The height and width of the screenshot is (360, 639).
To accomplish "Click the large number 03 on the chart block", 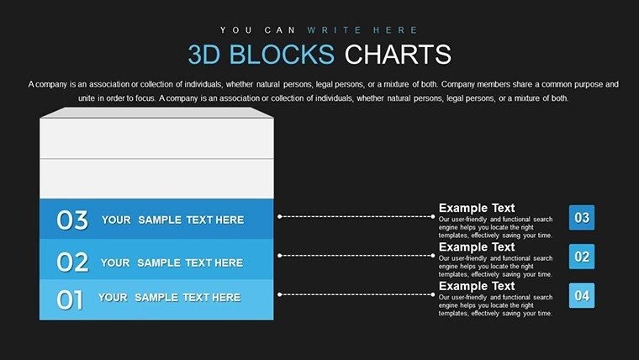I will pyautogui.click(x=72, y=220).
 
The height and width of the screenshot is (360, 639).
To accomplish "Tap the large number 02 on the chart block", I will pyautogui.click(x=72, y=262).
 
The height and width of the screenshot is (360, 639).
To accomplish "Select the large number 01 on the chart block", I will pyautogui.click(x=70, y=299).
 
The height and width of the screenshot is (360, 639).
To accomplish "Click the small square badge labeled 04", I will pyautogui.click(x=582, y=294).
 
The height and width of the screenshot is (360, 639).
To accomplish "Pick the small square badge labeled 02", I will pyautogui.click(x=582, y=256).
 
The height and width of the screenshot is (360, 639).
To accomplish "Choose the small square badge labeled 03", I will pyautogui.click(x=582, y=218).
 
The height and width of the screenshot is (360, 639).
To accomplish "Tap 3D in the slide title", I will pyautogui.click(x=206, y=55).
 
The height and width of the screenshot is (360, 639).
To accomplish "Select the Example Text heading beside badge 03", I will pyautogui.click(x=477, y=208).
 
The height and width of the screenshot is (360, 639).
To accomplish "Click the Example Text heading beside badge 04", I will pyautogui.click(x=477, y=286).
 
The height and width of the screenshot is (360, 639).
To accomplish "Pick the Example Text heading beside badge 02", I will pyautogui.click(x=477, y=247).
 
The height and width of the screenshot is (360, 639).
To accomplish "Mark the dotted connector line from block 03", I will pyautogui.click(x=357, y=216).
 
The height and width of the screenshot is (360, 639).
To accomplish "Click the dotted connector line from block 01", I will pyautogui.click(x=357, y=294).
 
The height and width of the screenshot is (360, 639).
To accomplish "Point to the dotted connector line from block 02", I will pyautogui.click(x=357, y=255).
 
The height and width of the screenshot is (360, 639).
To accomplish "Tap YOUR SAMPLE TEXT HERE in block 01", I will pyautogui.click(x=169, y=297).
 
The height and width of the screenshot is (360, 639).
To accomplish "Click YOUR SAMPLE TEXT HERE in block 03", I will pyautogui.click(x=172, y=220).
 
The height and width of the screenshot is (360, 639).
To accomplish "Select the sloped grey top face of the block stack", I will pyautogui.click(x=155, y=112).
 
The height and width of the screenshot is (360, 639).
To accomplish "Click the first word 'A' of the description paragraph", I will pyautogui.click(x=31, y=84).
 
